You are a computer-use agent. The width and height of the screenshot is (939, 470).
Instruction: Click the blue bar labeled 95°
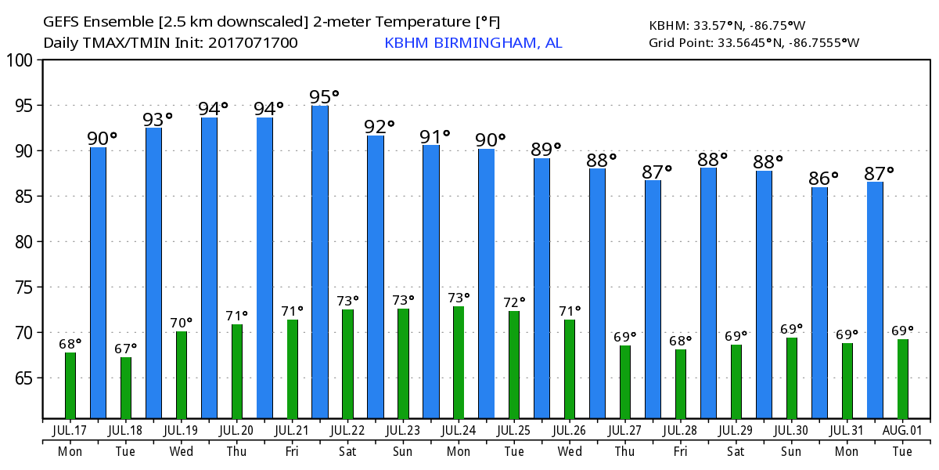point(320,262)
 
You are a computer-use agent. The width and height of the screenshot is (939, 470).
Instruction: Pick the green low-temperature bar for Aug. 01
point(903,378)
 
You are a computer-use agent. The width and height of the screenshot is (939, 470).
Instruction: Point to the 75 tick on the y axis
point(25,287)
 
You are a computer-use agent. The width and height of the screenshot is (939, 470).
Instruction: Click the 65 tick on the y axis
point(25,378)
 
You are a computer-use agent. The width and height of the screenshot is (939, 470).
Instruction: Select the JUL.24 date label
point(459,430)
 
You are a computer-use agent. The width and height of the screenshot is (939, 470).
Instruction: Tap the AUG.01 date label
point(902,430)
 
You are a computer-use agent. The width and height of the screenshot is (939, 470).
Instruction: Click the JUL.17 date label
point(70,430)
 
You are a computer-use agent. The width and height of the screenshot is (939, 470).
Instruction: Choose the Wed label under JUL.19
point(181,451)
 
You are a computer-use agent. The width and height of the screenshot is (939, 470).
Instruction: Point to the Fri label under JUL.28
point(680,451)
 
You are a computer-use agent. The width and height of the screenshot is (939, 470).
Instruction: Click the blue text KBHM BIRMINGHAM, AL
point(473,43)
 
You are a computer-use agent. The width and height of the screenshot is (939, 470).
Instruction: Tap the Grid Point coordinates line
point(754,42)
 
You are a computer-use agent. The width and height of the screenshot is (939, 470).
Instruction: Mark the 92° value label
point(380,126)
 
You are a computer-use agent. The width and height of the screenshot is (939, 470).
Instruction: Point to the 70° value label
point(182,323)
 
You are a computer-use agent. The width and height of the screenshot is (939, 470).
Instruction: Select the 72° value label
point(514,302)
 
